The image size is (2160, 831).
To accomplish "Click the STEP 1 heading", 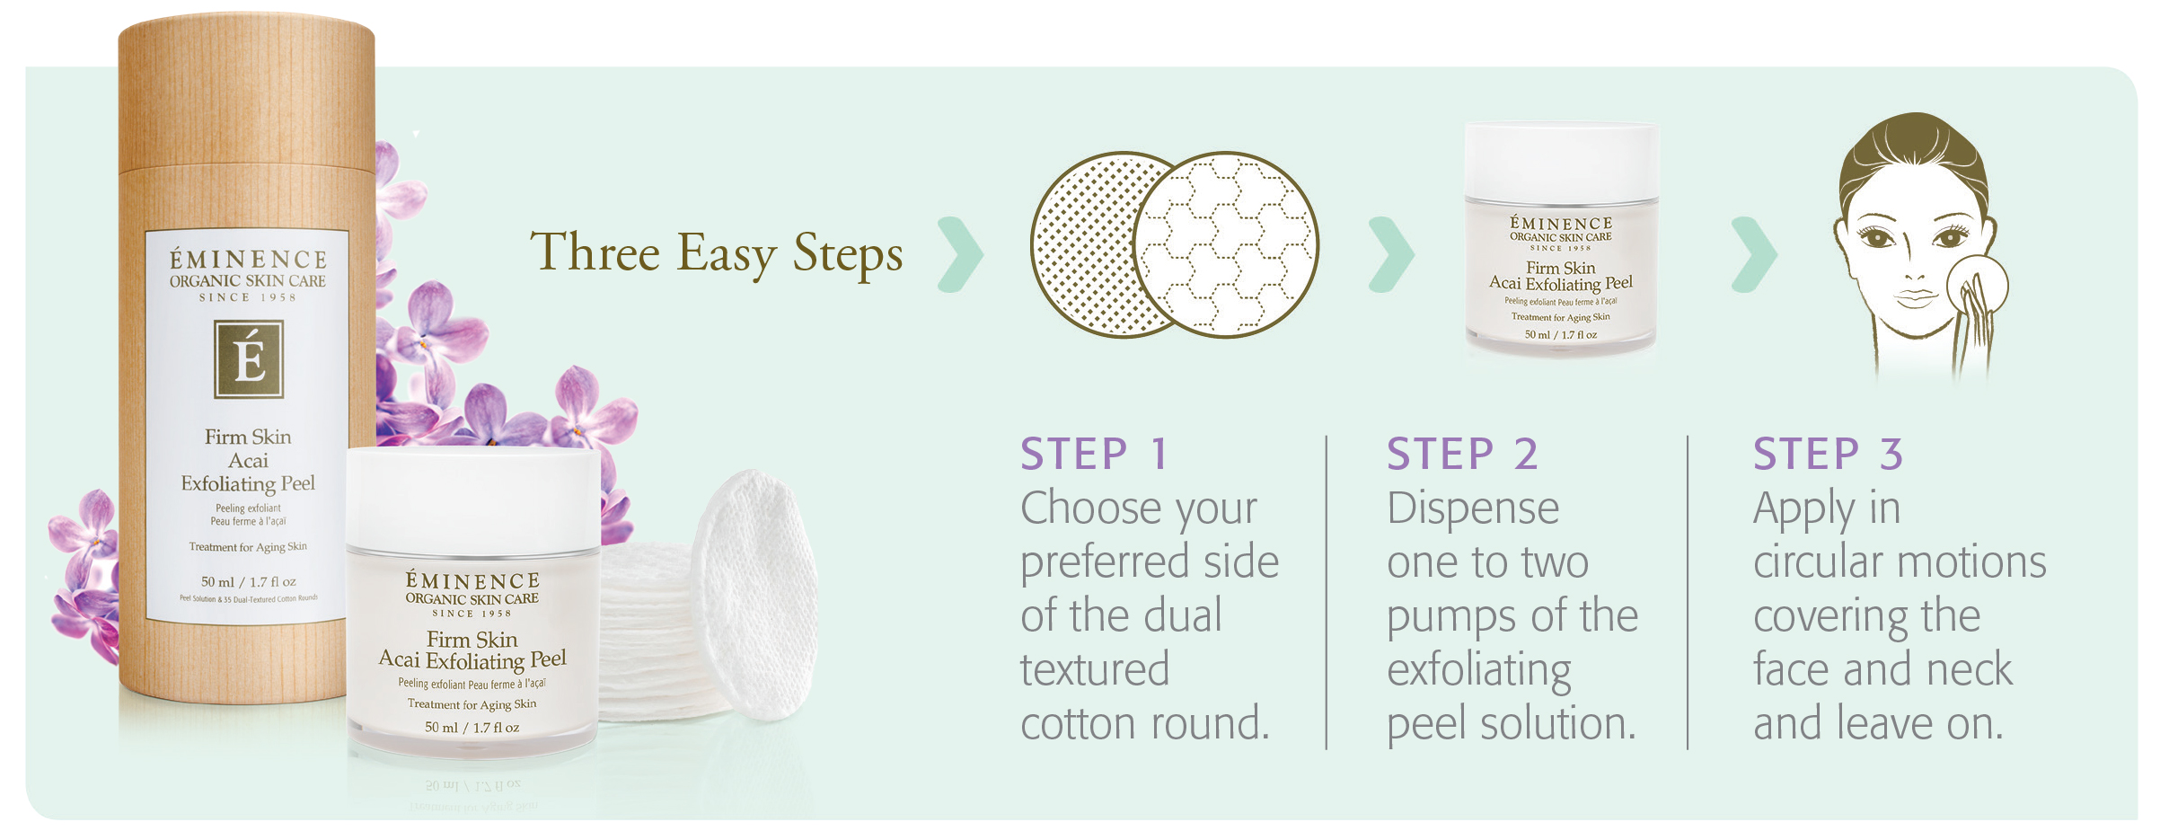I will click(x=1093, y=454).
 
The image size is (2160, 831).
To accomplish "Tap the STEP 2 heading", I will click(x=1461, y=454).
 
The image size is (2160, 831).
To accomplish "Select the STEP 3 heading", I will click(x=1828, y=454).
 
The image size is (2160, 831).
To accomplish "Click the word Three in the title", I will click(x=595, y=252).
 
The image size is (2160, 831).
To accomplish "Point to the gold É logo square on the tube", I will click(x=249, y=358).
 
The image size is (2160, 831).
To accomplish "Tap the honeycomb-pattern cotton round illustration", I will click(x=1226, y=244).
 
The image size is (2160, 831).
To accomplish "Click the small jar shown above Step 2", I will click(x=1561, y=238).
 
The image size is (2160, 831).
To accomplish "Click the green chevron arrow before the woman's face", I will click(x=1754, y=254).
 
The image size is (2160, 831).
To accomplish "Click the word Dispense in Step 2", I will click(x=1473, y=508).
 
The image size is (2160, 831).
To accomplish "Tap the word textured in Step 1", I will click(x=1095, y=670).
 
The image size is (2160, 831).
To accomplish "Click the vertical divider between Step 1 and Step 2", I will click(x=1327, y=593).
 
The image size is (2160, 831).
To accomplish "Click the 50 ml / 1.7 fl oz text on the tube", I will click(x=249, y=581).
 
